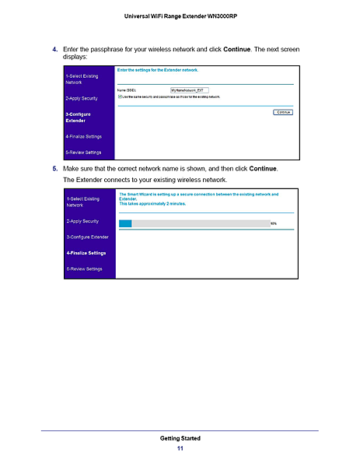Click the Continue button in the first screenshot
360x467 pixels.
coord(284,112)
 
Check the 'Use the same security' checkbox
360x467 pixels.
coord(119,97)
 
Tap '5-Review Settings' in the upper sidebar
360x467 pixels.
coord(83,152)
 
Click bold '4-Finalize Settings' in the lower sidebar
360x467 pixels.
coord(86,252)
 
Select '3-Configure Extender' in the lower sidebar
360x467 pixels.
coord(86,236)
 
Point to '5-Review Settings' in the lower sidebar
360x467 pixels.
coord(84,269)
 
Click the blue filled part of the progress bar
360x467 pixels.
coord(125,223)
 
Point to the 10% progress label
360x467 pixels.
coord(273,223)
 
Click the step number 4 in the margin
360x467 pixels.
coord(54,49)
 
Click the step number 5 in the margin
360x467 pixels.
coord(54,168)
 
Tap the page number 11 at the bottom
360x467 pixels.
coord(180,449)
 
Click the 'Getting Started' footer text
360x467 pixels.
coord(180,438)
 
